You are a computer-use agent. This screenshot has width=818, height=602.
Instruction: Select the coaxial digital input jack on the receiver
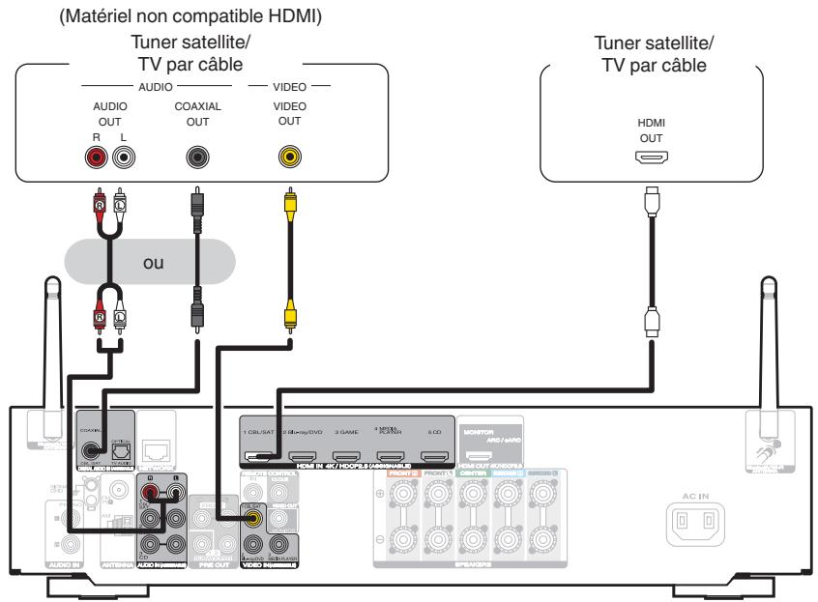tap(93, 448)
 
